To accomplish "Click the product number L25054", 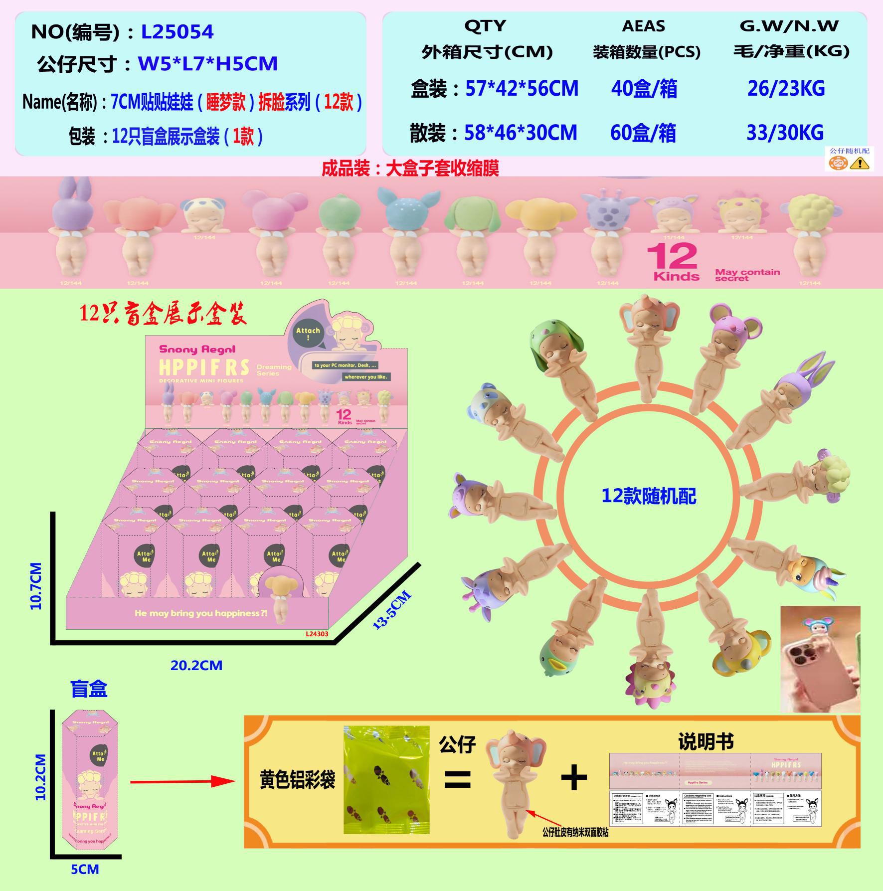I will (177, 32).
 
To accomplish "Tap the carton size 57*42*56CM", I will (522, 89).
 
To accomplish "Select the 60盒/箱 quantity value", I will (643, 133).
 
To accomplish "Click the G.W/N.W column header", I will (789, 26).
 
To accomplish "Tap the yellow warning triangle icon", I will (859, 163).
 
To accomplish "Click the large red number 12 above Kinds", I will (672, 257).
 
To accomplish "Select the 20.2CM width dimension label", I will (196, 665).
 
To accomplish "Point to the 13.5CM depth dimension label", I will (392, 610).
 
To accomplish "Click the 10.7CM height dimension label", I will (36, 586).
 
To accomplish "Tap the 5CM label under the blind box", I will (85, 870).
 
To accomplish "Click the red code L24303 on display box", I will (317, 634).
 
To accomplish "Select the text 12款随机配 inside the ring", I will (649, 496).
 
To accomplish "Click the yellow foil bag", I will (386, 780).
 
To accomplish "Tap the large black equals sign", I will (457, 779).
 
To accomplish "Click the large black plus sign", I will (574, 777).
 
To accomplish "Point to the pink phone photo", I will (820, 659).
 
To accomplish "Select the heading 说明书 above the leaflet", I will (706, 741).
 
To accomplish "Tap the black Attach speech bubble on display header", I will (308, 334).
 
